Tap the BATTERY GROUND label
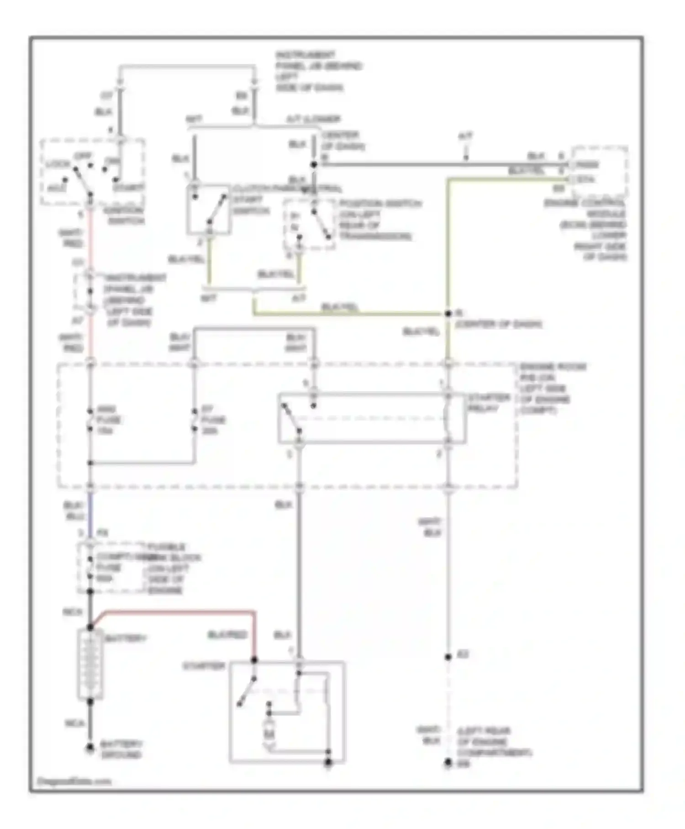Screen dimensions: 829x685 (x=121, y=749)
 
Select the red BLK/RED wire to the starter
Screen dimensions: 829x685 (x=183, y=611)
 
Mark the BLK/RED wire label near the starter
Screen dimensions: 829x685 (x=227, y=635)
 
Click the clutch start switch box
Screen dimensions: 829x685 (x=208, y=209)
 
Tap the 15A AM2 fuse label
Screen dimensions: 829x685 (x=109, y=420)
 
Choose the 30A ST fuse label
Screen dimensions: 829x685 (x=213, y=420)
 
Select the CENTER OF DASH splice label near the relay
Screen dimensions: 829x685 (x=498, y=324)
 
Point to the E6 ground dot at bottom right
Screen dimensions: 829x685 (x=448, y=763)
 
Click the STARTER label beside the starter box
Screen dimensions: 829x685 (x=204, y=666)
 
